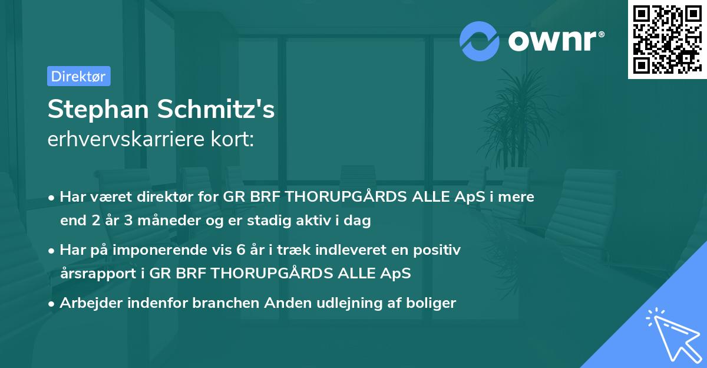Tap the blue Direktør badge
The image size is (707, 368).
[x=78, y=76]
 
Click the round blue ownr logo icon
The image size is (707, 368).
[x=480, y=41]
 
